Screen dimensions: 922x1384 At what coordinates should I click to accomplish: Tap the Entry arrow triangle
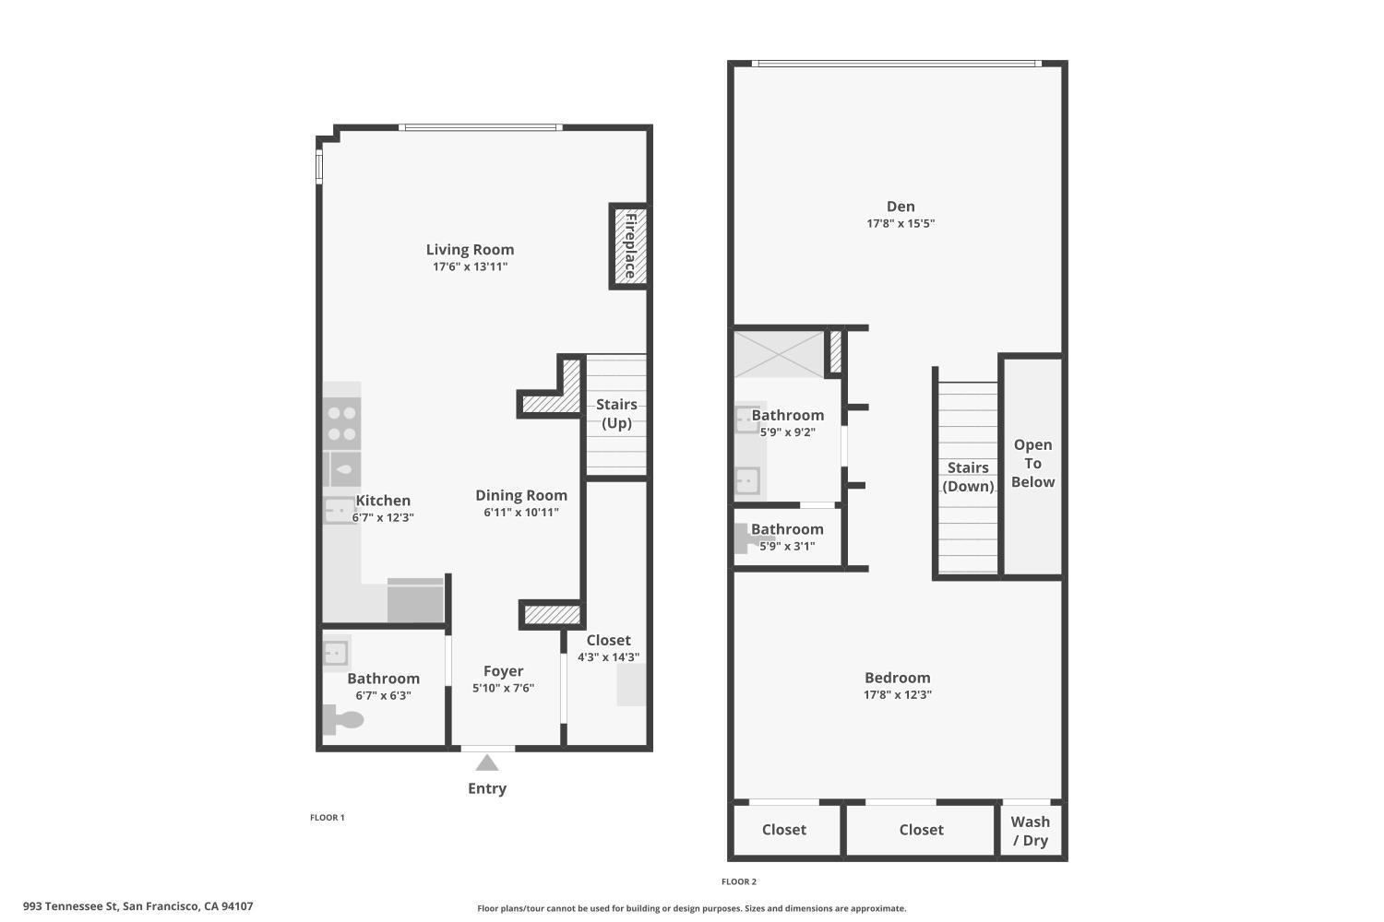pyautogui.click(x=487, y=762)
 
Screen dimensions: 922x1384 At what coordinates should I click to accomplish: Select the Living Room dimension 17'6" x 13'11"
pyautogui.click(x=471, y=266)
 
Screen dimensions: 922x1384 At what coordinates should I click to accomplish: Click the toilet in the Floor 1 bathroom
pyautogui.click(x=343, y=718)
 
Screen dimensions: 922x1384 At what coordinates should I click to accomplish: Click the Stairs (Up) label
pyautogui.click(x=616, y=414)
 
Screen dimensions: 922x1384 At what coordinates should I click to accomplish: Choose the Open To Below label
pyautogui.click(x=1032, y=463)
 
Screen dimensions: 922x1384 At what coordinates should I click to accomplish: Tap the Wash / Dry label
pyautogui.click(x=1030, y=831)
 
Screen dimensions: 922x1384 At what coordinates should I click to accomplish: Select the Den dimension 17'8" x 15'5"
pyautogui.click(x=901, y=223)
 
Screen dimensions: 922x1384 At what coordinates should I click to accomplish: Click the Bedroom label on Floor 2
pyautogui.click(x=897, y=678)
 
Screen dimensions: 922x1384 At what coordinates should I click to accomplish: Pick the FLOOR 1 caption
pyautogui.click(x=328, y=817)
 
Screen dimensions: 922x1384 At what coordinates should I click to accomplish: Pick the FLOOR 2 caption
pyautogui.click(x=739, y=881)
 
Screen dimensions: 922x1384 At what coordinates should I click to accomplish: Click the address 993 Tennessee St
pyautogui.click(x=138, y=906)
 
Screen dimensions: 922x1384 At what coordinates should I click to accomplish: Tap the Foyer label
pyautogui.click(x=503, y=671)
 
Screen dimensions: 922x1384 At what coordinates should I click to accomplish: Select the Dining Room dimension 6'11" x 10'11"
pyautogui.click(x=521, y=513)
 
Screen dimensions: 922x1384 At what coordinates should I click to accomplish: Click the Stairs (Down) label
pyautogui.click(x=968, y=477)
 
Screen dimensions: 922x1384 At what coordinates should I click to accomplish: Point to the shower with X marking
pyautogui.click(x=778, y=354)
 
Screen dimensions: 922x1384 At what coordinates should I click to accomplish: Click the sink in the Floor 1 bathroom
pyautogui.click(x=335, y=654)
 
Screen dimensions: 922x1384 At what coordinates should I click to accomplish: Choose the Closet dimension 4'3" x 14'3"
pyautogui.click(x=608, y=657)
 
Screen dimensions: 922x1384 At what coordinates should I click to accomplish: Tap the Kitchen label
pyautogui.click(x=383, y=501)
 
